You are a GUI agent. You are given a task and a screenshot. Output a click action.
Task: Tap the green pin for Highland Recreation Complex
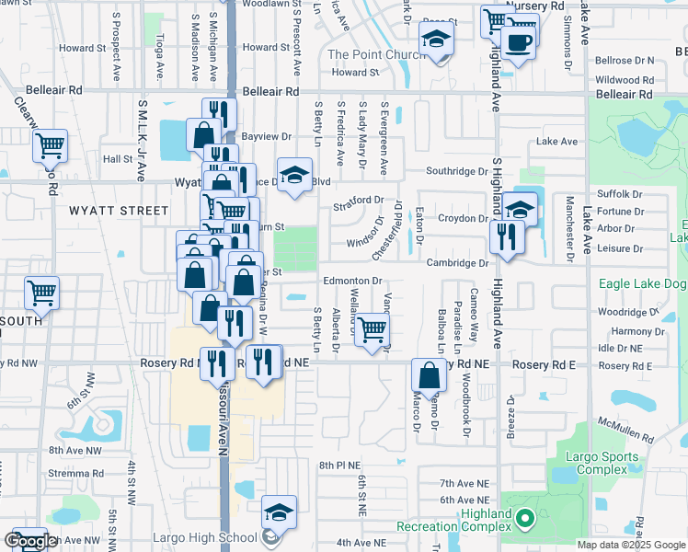pyautogui.click(x=525, y=520)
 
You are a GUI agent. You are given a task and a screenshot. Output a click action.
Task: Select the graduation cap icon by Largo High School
pyautogui.click(x=280, y=513)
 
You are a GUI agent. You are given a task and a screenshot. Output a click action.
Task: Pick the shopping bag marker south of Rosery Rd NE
pyautogui.click(x=429, y=375)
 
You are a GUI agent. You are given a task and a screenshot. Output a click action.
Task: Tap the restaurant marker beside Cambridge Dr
pyautogui.click(x=507, y=237)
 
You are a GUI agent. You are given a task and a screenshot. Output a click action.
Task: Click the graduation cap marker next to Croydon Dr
pyautogui.click(x=520, y=209)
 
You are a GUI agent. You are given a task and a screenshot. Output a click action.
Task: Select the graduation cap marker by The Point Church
pyautogui.click(x=437, y=40)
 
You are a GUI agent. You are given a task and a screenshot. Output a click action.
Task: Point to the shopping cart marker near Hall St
pyautogui.click(x=50, y=145)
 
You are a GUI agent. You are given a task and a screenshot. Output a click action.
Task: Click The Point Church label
pyautogui.click(x=376, y=55)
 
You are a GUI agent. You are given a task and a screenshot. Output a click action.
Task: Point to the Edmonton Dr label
pyautogui.click(x=351, y=281)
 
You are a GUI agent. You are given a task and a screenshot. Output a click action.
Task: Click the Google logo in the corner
pyautogui.click(x=29, y=542)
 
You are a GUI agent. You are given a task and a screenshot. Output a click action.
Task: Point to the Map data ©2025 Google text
pyautogui.click(x=631, y=545)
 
